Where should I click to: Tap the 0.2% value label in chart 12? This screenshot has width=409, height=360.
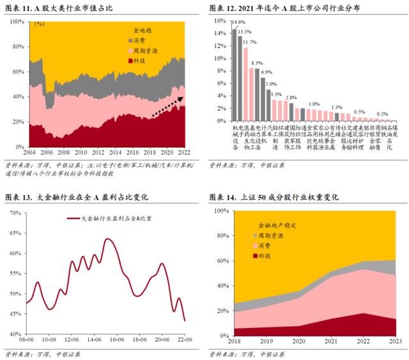382,113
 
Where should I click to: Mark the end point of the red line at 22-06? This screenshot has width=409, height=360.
185,320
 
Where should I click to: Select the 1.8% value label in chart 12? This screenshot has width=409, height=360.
314,104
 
